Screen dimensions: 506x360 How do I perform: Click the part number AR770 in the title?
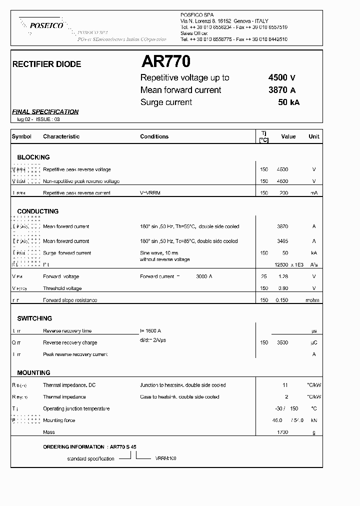tap(165, 62)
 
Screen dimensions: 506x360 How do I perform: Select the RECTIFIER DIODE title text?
tap(46, 64)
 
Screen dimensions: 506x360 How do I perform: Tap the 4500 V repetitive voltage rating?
tap(282, 77)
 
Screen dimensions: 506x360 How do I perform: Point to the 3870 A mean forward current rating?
tap(282, 90)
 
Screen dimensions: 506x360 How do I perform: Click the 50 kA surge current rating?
tap(288, 102)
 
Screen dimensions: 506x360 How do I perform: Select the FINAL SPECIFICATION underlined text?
tap(45, 112)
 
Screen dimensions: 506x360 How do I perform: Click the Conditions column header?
tap(154, 136)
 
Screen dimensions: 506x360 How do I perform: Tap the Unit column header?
tap(313, 136)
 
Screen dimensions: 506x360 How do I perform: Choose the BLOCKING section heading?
tap(33, 157)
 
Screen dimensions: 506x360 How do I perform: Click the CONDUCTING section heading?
tap(38, 211)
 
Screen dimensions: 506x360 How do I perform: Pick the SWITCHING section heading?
tap(34, 318)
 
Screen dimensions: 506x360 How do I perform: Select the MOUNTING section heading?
tap(33, 373)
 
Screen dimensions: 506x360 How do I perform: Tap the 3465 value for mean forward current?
tap(282, 241)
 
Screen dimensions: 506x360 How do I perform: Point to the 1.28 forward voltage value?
tap(283, 276)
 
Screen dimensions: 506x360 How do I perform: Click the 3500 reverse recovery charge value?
tap(282, 343)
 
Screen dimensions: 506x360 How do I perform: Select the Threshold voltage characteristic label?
tap(62, 288)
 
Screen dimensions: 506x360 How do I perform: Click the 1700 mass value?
tap(282, 432)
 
